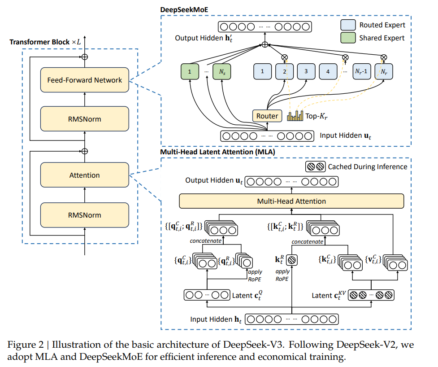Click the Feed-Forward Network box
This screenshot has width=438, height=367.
coord(85,80)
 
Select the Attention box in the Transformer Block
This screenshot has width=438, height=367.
coord(85,175)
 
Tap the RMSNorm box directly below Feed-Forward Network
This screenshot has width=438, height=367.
coord(85,119)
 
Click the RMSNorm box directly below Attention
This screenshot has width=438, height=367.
coord(85,215)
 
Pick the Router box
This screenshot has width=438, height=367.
coord(267,116)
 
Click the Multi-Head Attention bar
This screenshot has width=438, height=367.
coord(291,201)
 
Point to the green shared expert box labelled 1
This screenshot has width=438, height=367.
coord(189,71)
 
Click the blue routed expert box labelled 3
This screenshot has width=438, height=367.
coord(306,71)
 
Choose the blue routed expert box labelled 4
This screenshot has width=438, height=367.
coord(328,71)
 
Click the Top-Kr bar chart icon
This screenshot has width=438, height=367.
coord(295,116)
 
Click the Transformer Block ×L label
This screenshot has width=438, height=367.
coord(45,42)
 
